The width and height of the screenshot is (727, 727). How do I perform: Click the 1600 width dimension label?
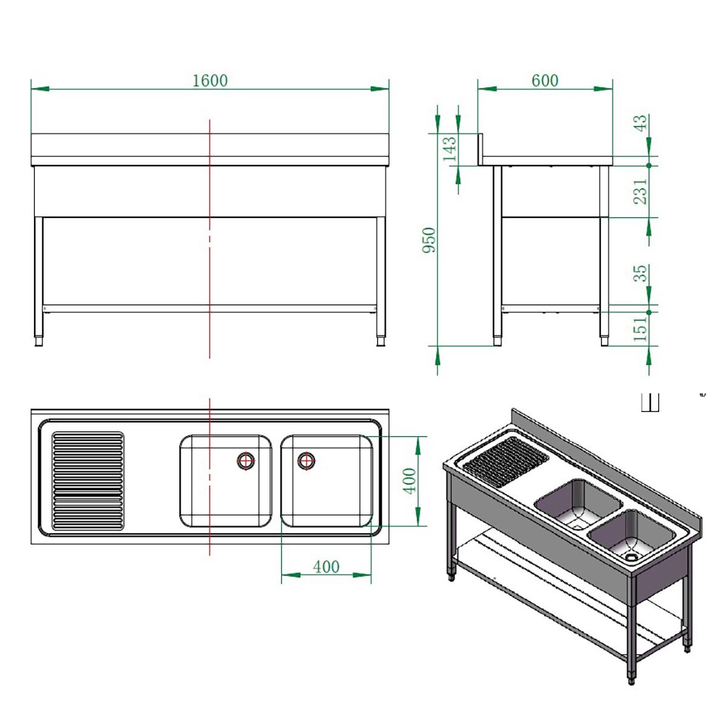coord(210,81)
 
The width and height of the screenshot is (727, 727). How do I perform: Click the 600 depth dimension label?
coord(544,81)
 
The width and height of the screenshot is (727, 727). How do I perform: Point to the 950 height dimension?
coord(429,240)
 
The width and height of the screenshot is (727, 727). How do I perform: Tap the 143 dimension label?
coord(450,150)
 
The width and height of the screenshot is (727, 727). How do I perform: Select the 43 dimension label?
coord(640,124)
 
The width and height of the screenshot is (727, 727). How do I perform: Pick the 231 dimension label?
coord(640,191)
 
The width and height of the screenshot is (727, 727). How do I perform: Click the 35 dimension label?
coord(640,273)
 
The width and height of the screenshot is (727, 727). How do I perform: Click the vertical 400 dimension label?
coord(410,480)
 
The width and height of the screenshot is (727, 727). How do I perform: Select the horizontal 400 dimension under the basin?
coord(326,567)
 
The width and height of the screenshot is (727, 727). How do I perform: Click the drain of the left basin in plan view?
coord(246,461)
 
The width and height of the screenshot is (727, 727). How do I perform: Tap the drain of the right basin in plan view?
coord(307,461)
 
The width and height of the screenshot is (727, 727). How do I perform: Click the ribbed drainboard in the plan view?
coord(88,481)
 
